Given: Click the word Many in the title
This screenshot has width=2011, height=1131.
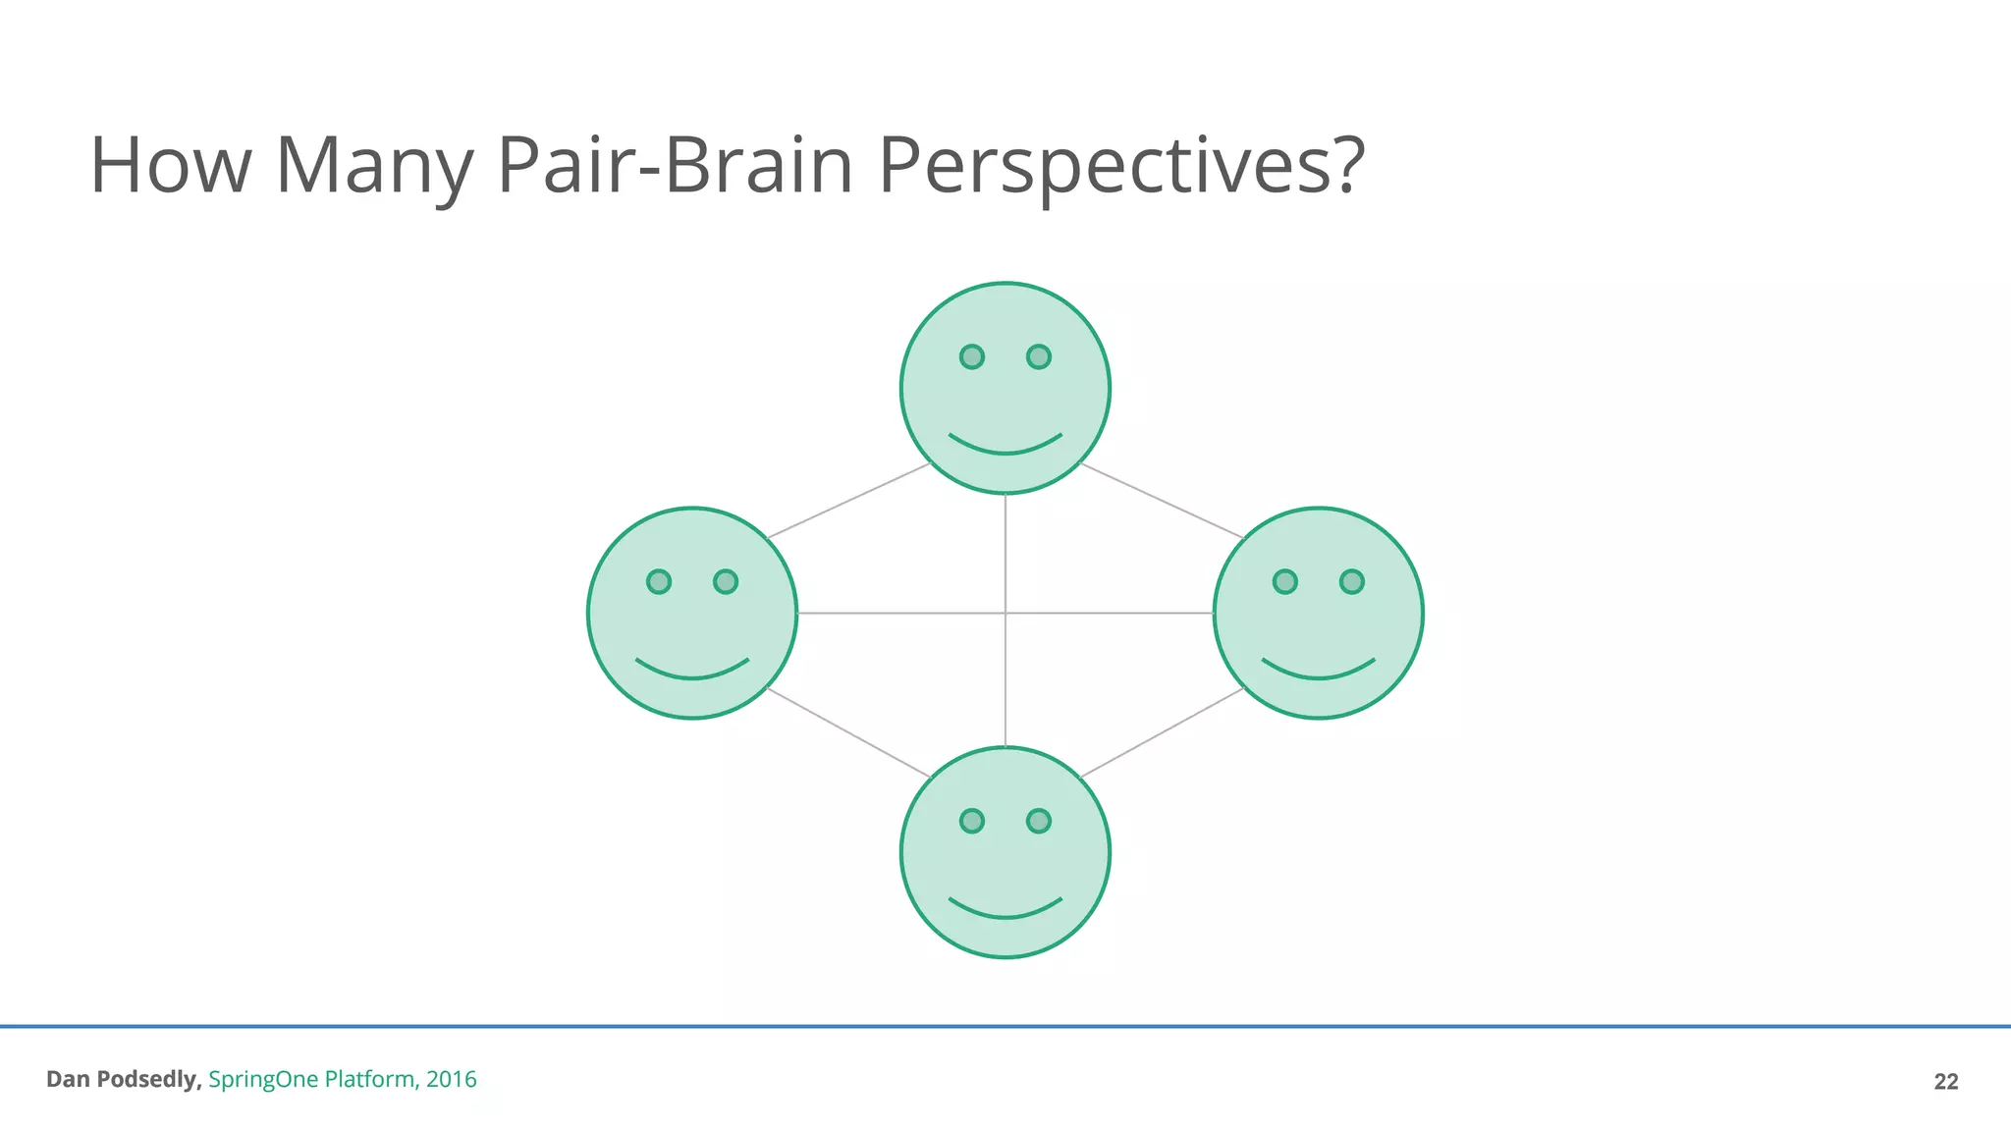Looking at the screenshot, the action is tap(373, 165).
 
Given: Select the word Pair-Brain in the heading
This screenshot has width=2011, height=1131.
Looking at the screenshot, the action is tap(676, 165).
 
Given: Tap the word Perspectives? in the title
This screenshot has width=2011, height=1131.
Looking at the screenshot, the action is tap(1120, 165).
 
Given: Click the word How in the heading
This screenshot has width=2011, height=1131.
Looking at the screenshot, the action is tap(170, 165).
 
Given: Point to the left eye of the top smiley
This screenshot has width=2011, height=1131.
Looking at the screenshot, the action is tap(971, 356).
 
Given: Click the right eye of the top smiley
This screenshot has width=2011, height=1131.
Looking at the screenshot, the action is tap(1038, 356).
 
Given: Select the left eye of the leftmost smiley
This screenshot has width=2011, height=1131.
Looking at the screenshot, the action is tap(659, 581).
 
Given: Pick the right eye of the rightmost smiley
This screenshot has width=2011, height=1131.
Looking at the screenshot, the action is tap(1351, 581).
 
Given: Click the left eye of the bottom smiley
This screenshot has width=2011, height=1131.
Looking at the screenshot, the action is tap(971, 821).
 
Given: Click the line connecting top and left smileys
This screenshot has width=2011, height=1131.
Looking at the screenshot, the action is tap(848, 501).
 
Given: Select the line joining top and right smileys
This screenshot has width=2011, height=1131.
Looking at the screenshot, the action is tap(1162, 501).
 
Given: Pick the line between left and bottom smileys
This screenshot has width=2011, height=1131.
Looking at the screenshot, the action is tap(848, 732).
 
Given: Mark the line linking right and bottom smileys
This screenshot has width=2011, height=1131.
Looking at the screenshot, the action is tap(1162, 732).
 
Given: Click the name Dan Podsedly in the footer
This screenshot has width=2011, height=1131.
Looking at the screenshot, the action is tap(124, 1079).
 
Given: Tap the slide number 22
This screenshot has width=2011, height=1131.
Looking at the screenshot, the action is tap(1945, 1081).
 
